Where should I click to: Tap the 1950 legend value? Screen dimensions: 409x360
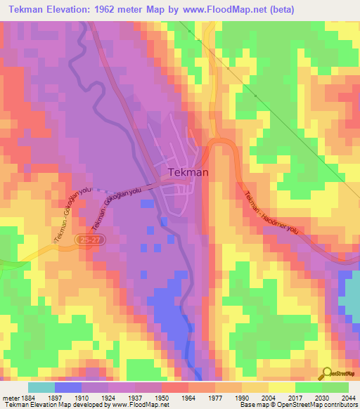[x=162, y=397]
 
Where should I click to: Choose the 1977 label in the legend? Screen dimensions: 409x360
[x=217, y=397]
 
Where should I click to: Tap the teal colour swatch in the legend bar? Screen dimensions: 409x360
[x=41, y=387]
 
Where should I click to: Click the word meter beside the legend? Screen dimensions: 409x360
[x=8, y=397]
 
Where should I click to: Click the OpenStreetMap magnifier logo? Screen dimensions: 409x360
[x=326, y=372]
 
